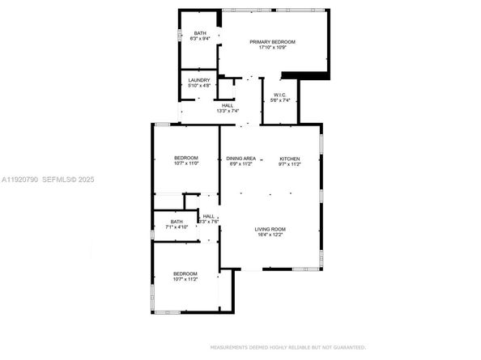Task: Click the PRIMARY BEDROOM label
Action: coord(272,41)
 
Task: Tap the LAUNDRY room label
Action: coord(199,79)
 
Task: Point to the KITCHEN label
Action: coord(291,158)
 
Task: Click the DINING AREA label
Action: coord(241,158)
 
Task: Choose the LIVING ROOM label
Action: coord(270,229)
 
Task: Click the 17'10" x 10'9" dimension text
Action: coord(272,48)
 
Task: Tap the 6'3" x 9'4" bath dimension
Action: coord(199,39)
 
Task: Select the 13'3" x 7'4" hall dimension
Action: coord(228,111)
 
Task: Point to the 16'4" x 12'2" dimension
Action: coord(270,235)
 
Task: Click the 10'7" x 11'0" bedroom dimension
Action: coord(186,164)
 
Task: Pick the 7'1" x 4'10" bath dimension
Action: coord(177,227)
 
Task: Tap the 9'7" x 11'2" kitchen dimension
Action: coord(291,164)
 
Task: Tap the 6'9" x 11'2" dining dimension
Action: coord(241,164)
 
